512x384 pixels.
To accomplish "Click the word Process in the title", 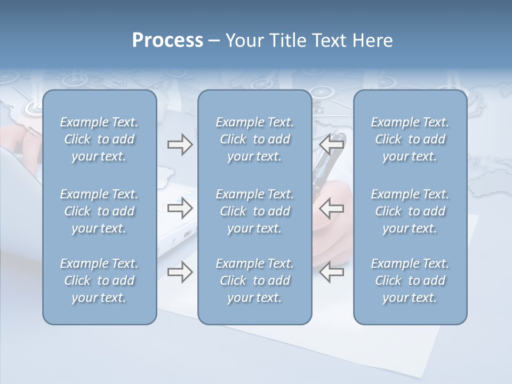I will [167, 41].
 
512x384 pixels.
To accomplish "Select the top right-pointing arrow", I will [180, 145].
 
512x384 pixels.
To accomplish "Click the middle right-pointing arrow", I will [180, 208].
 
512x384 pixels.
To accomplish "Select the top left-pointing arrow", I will [332, 145].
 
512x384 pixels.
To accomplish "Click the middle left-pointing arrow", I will [332, 208].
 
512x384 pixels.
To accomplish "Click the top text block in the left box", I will [99, 139].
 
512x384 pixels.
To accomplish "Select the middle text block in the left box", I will [99, 211].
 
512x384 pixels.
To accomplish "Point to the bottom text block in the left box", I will [99, 281].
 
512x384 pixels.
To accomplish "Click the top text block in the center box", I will [254, 139].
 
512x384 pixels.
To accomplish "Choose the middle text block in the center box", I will [254, 211].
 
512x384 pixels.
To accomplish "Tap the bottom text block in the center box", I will [254, 281].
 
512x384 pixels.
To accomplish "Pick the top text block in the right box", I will [410, 139].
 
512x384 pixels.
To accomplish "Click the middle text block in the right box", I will [410, 211].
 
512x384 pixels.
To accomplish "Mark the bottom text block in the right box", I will [410, 281].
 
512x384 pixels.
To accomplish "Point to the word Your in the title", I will [243, 41].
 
